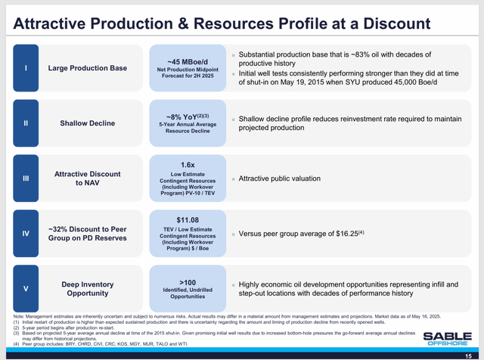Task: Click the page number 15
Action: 469,354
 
